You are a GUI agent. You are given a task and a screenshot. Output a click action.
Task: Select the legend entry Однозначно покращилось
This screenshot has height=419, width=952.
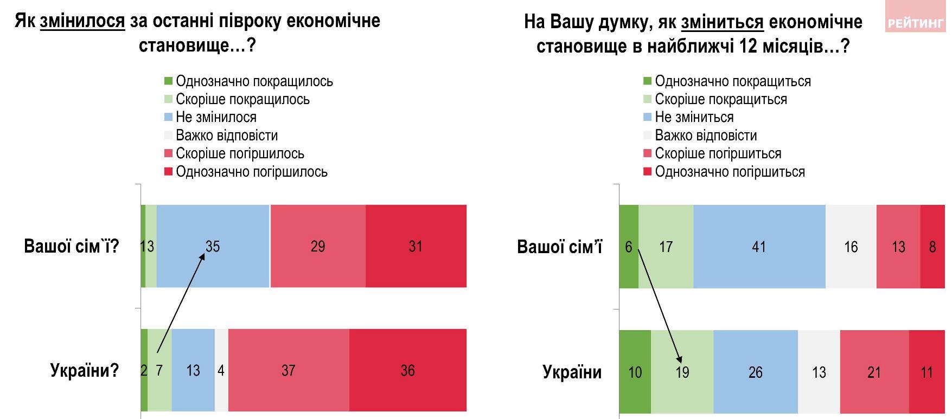(x=254, y=81)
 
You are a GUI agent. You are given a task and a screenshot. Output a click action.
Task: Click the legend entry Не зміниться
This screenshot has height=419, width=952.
(x=694, y=117)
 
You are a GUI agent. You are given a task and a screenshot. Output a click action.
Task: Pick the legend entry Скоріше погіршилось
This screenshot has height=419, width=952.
(x=239, y=153)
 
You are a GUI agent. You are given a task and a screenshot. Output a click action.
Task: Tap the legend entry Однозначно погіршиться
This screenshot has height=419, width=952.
(x=729, y=172)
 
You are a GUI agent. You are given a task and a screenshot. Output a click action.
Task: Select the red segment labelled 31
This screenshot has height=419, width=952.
(x=416, y=246)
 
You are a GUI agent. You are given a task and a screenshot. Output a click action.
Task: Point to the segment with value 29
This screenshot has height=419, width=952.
(x=318, y=246)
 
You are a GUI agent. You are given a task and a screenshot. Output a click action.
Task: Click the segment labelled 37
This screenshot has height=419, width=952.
(x=288, y=370)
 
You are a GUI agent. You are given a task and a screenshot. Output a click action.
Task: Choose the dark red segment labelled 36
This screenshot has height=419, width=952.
(x=407, y=370)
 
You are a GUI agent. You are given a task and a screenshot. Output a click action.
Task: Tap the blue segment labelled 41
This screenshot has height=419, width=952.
(x=759, y=247)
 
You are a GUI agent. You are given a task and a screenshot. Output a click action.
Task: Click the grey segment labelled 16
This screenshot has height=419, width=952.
(x=851, y=247)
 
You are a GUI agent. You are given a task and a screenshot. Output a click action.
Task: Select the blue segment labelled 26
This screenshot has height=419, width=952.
(x=755, y=372)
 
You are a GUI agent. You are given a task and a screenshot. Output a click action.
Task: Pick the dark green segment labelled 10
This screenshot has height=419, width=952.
(x=635, y=372)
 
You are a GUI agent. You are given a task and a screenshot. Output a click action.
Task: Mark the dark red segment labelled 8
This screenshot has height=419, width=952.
(x=932, y=247)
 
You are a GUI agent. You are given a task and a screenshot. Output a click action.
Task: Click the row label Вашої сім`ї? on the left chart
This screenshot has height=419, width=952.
(x=72, y=246)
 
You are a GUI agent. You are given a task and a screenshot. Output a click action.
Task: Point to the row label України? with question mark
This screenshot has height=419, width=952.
(x=85, y=370)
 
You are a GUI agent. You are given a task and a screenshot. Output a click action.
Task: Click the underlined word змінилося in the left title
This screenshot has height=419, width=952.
(x=82, y=21)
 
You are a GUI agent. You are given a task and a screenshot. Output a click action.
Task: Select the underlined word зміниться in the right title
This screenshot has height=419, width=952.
(x=722, y=22)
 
